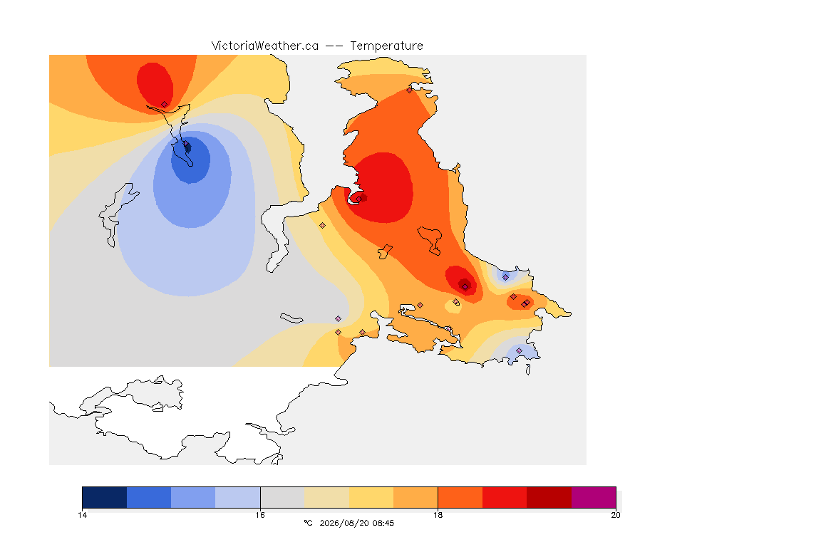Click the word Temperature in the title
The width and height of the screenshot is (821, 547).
click(x=386, y=46)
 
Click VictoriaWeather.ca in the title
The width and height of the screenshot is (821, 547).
click(x=265, y=46)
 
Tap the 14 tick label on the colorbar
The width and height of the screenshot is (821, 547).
click(x=82, y=515)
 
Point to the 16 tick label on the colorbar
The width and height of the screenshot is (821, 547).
click(x=260, y=515)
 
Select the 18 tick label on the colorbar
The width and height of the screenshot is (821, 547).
click(x=438, y=515)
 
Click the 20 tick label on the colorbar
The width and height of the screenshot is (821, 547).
click(x=616, y=515)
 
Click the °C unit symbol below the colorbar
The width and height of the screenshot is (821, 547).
click(x=308, y=523)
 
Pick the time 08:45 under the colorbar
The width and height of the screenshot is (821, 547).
click(x=383, y=523)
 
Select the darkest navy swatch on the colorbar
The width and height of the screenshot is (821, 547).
click(x=105, y=497)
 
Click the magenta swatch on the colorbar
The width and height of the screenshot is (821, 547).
click(x=593, y=497)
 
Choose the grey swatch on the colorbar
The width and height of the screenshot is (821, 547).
click(x=282, y=497)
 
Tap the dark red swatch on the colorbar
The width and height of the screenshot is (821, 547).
click(x=549, y=497)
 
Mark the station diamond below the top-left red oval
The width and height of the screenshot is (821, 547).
click(x=165, y=105)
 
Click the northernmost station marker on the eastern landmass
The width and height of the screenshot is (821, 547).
click(x=410, y=90)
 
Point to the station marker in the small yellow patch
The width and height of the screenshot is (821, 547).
click(x=456, y=302)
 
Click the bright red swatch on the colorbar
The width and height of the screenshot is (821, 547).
click(x=505, y=497)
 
